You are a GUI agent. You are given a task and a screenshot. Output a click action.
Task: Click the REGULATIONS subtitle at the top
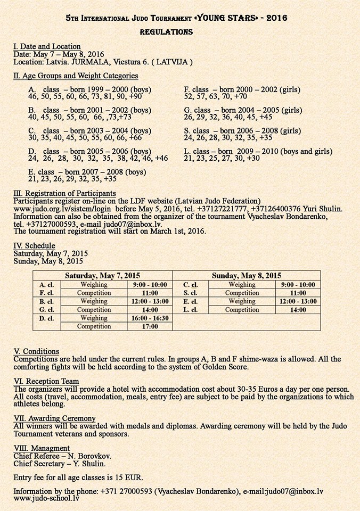(166, 32)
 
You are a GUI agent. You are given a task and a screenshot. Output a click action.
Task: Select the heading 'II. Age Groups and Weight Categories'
(76, 76)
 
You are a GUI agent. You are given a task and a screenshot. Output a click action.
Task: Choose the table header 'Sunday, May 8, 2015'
(247, 276)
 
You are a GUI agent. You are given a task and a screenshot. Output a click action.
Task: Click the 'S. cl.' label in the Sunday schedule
(190, 293)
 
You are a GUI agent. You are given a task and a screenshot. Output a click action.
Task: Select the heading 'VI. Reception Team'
(46, 381)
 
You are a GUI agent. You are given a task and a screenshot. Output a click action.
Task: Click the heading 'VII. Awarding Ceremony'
(54, 418)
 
